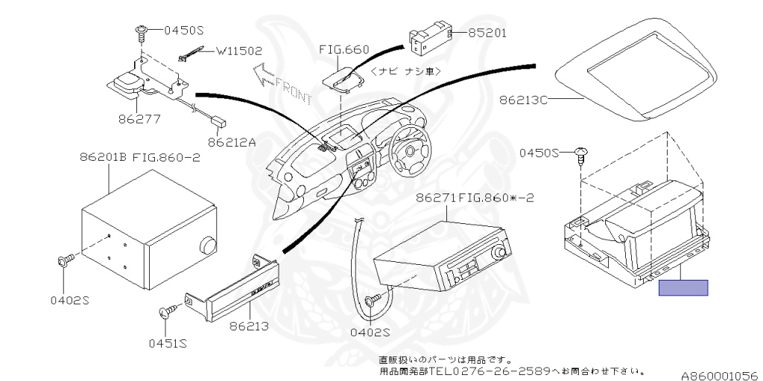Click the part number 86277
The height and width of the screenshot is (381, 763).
139,118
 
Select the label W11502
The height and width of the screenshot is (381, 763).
239,51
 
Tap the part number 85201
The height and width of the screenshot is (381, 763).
487,33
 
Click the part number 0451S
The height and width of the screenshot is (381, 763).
168,344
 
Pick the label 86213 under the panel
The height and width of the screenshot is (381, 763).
249,326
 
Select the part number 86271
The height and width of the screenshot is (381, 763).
435,198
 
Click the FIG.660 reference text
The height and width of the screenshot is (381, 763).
344,49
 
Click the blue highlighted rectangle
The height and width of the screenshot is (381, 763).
683,288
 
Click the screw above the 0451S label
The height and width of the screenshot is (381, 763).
168,310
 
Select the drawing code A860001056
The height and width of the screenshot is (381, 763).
721,376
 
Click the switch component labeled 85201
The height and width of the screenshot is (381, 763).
429,39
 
